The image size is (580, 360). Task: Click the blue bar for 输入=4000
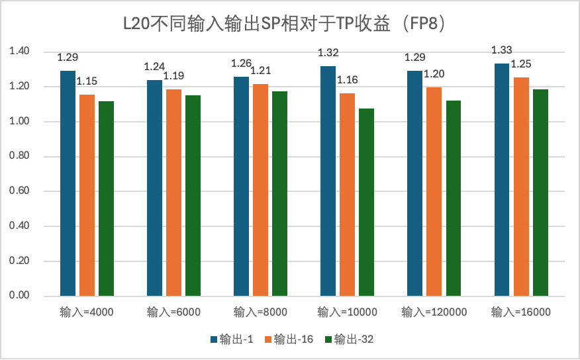pos(68,183)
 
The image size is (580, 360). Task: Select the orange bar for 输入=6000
pos(173,193)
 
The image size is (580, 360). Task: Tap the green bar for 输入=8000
pos(279,194)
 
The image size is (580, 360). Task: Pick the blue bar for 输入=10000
pos(328,181)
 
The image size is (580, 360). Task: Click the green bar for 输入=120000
pos(453,198)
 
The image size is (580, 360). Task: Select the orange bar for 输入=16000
pos(521,187)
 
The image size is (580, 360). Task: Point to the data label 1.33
pos(502,50)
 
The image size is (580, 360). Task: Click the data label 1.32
pos(328,53)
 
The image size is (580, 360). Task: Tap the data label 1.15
pos(87,81)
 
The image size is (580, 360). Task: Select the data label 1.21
pos(261,71)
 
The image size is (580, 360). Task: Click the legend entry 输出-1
pos(232,339)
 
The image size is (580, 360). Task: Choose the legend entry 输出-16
pos(289,339)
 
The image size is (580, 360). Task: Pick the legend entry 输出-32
pos(349,339)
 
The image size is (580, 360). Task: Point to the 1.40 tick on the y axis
pos(19,51)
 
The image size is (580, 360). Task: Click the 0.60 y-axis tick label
pos(19,191)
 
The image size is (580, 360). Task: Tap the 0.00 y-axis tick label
pos(19,295)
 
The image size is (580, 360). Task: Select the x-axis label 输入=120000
pos(434,312)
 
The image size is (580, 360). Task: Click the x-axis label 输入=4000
pos(87,312)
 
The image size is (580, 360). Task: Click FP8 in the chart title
pos(423,24)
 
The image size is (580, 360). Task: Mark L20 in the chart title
pos(136,24)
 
